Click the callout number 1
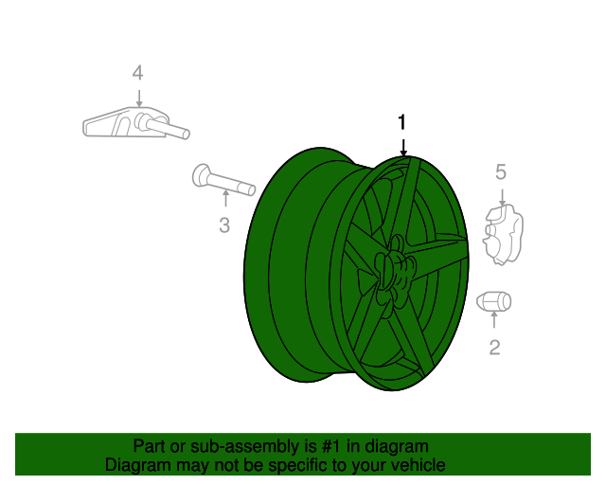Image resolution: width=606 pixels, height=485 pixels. (402, 122)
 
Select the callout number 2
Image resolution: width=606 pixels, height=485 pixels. (494, 348)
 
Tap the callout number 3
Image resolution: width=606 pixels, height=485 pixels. (224, 225)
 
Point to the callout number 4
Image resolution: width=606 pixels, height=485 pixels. (138, 73)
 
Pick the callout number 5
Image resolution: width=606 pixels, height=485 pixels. (501, 171)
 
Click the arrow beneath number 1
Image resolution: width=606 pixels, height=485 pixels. (403, 146)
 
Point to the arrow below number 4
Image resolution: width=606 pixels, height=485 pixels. (138, 98)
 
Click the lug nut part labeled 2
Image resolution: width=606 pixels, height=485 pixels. (492, 301)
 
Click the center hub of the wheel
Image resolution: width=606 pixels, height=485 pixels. (392, 270)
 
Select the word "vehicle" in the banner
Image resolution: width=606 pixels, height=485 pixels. (416, 465)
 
